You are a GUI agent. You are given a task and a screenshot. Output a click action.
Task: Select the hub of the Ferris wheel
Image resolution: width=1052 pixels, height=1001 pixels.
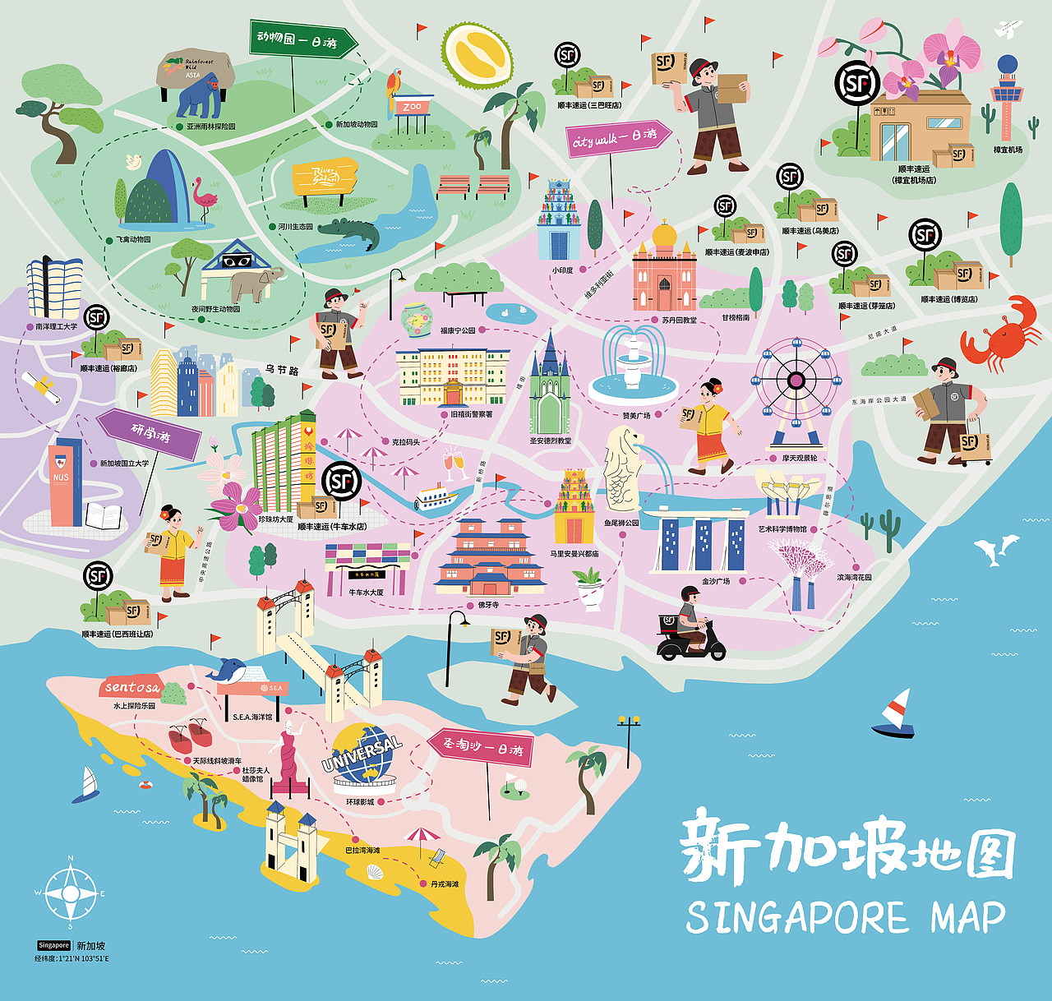coord(796,380)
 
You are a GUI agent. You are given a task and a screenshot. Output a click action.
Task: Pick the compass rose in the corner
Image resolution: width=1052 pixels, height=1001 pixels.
coord(70,893)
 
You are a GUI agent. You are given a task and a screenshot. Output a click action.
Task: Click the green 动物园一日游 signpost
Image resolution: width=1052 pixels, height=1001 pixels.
coord(302,39)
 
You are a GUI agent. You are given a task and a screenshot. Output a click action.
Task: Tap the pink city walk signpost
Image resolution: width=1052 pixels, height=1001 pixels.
coord(616,139)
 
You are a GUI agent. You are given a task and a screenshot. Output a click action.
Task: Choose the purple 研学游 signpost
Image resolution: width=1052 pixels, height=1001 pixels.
coord(150,433)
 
